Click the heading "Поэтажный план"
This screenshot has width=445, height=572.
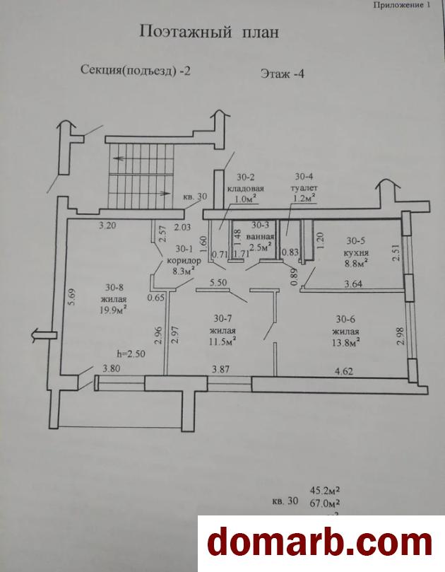(x=209, y=33)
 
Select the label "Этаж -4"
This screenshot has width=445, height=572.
(x=282, y=74)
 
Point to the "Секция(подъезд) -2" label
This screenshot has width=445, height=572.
(x=135, y=70)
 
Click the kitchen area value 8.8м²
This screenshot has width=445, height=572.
(x=355, y=264)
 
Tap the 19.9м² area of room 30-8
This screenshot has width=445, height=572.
(x=114, y=310)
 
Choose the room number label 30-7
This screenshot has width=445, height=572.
(x=222, y=318)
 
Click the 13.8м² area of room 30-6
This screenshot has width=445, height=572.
(x=346, y=343)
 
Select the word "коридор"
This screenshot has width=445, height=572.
(x=184, y=261)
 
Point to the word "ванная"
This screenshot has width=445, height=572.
(x=260, y=236)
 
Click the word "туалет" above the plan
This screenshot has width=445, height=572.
(x=304, y=188)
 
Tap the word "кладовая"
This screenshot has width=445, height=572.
(x=245, y=189)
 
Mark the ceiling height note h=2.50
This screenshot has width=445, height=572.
(x=131, y=353)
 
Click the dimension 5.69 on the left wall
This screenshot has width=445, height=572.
(x=72, y=297)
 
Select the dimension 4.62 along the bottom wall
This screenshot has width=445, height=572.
(x=344, y=371)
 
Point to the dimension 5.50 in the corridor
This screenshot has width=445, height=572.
(x=218, y=283)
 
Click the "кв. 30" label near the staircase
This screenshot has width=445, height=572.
(x=195, y=197)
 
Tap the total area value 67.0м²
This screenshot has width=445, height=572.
(x=325, y=503)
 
